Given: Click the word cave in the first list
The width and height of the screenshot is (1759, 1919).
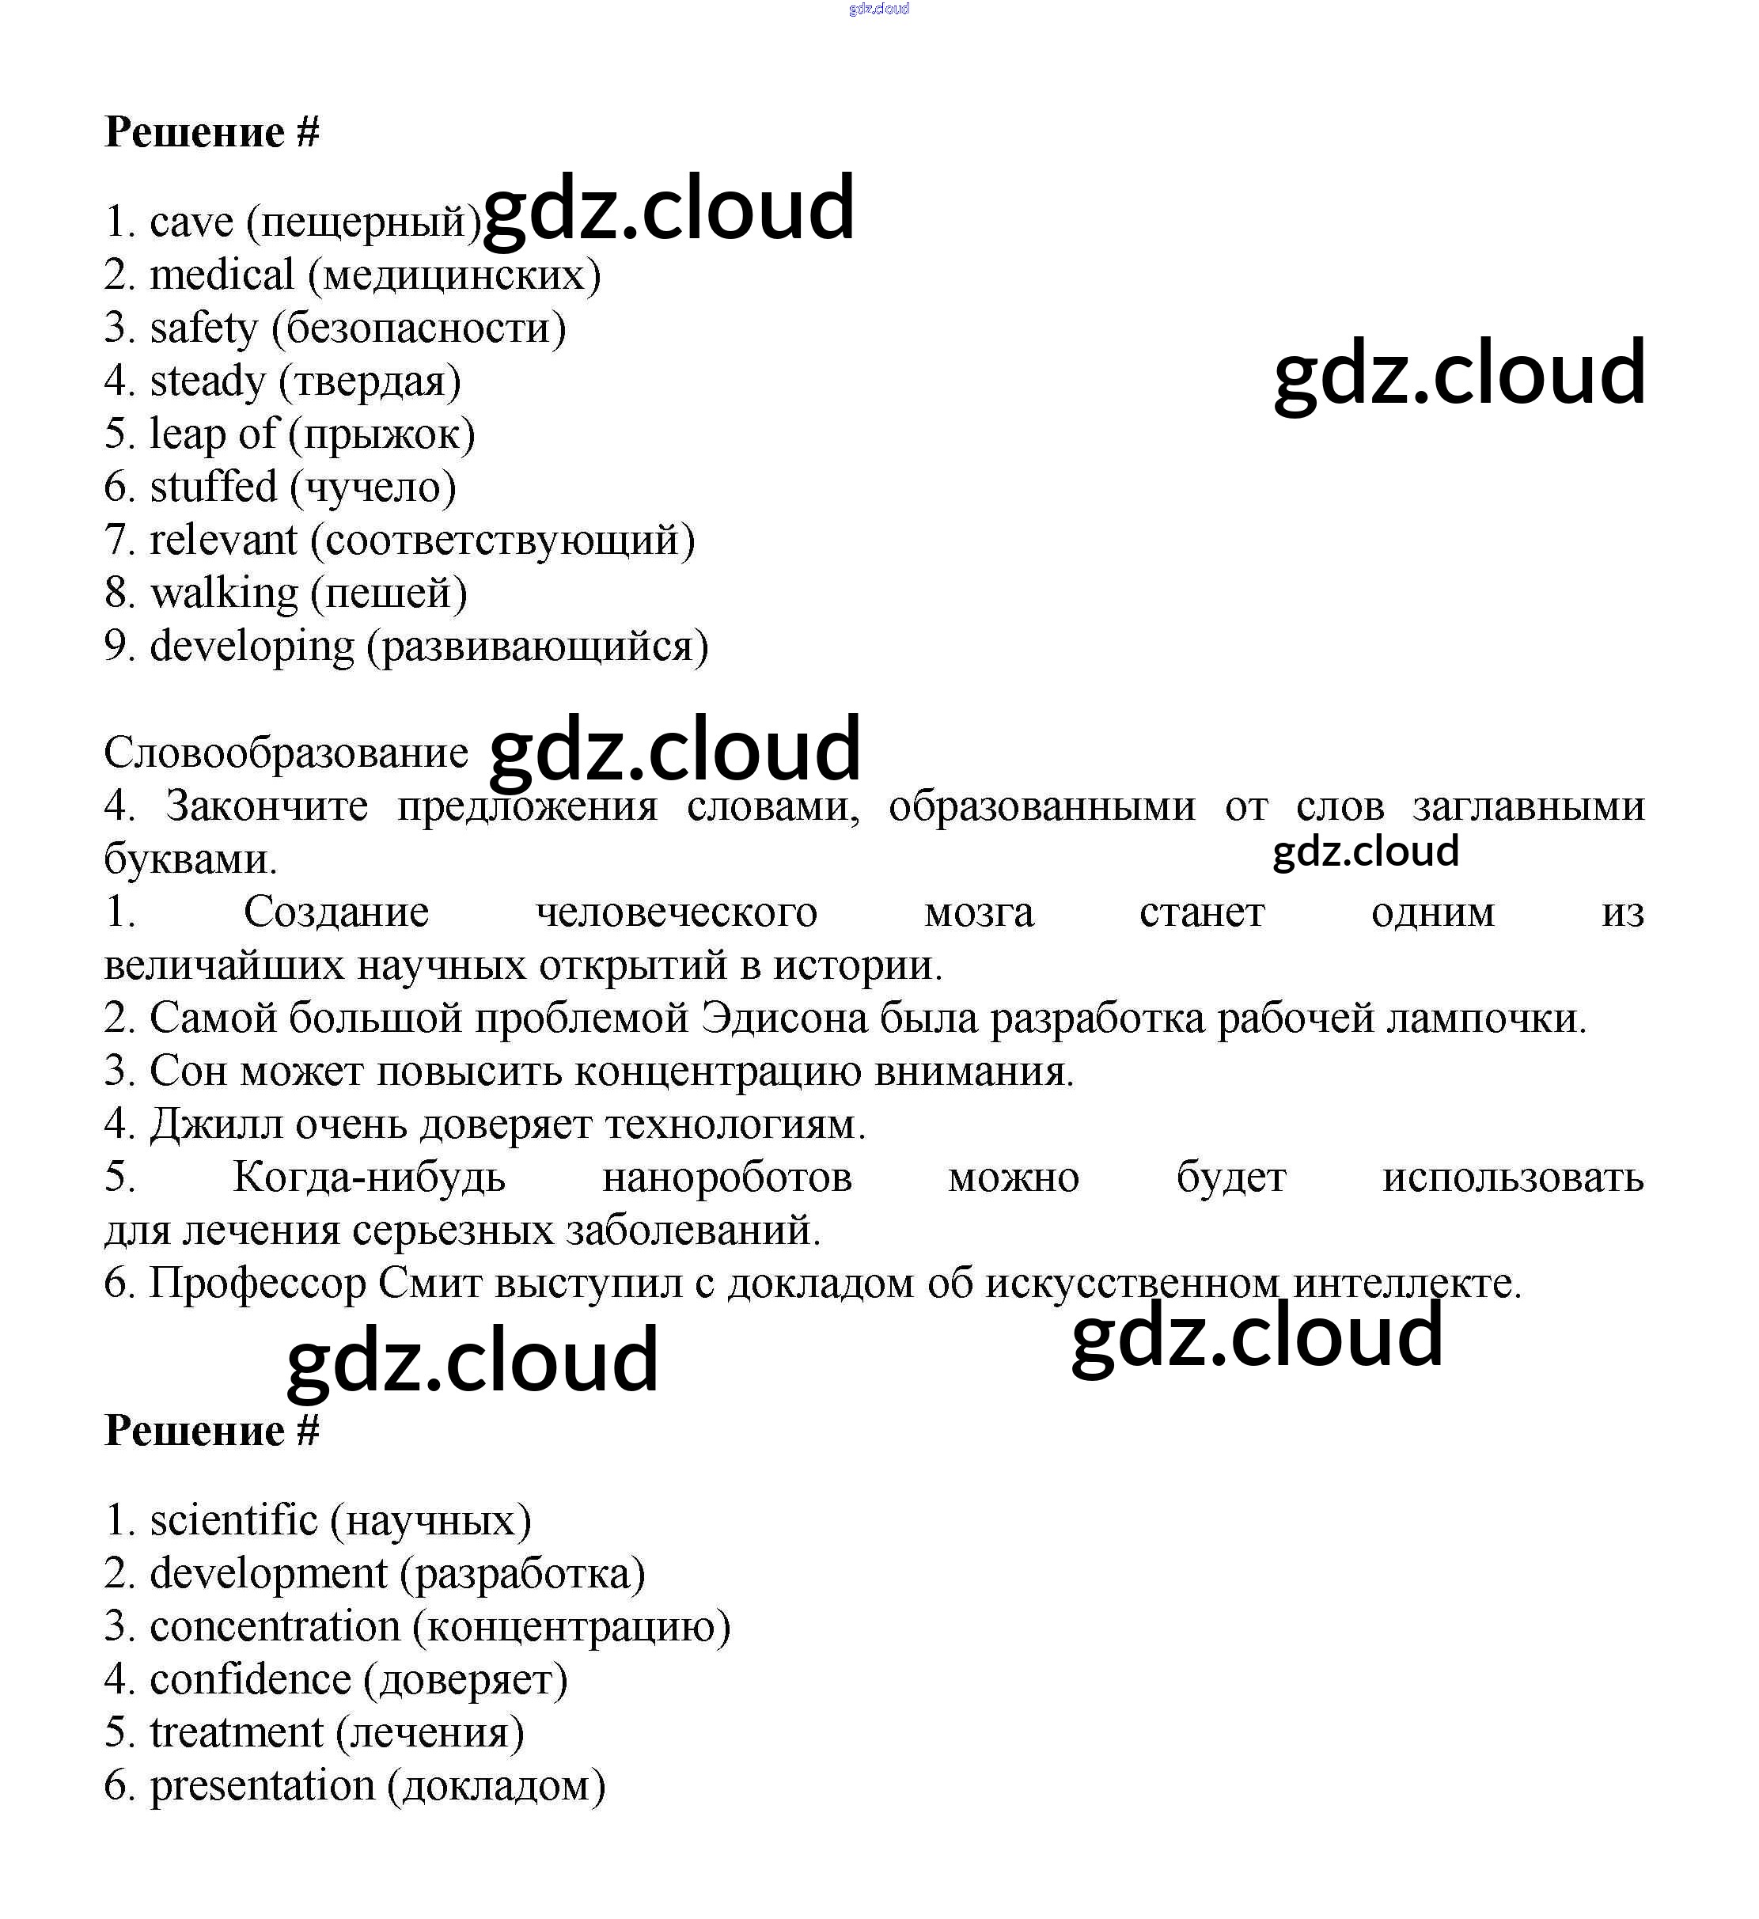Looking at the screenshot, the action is click(191, 222).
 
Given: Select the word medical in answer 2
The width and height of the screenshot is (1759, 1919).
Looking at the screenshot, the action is click(222, 276).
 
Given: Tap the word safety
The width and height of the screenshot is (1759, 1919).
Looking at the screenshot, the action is click(203, 329).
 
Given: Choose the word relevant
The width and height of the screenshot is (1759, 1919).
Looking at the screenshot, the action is click(224, 540).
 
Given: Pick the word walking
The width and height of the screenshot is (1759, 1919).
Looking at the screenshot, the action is click(225, 594).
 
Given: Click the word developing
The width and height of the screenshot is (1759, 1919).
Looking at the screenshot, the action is click(252, 647).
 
